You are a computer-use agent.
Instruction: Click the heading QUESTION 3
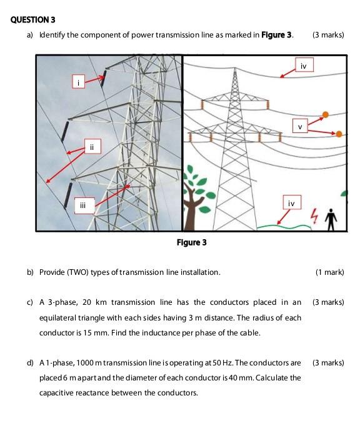[32, 19]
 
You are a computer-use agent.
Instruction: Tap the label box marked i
[79, 82]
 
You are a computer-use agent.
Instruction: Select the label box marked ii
[92, 146]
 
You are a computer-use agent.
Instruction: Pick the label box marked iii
[84, 206]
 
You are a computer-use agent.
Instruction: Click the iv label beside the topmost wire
[304, 65]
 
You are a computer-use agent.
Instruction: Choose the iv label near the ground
[292, 202]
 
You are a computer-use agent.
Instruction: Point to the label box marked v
[300, 126]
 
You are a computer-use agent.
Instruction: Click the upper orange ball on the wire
[326, 115]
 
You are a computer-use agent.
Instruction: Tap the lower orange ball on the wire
[339, 134]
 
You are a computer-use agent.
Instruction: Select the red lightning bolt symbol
[314, 215]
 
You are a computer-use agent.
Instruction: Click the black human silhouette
[331, 220]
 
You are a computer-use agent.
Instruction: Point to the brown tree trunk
[190, 207]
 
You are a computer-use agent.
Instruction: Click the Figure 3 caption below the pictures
[191, 242]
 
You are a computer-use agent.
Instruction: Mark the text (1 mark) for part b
[329, 272]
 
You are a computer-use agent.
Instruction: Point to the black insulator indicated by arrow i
[103, 78]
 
